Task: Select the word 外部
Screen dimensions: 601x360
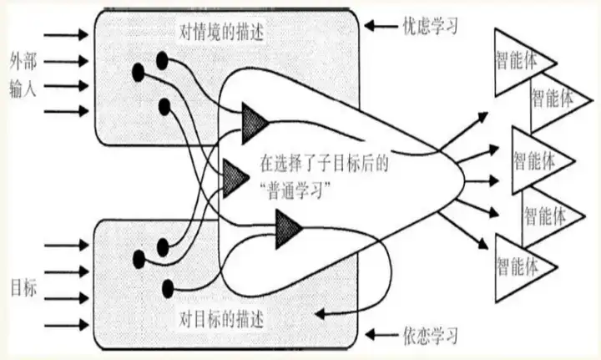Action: pyautogui.click(x=24, y=61)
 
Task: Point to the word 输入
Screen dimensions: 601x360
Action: pyautogui.click(x=24, y=87)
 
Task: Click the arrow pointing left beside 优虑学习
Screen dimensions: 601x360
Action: pyautogui.click(x=382, y=28)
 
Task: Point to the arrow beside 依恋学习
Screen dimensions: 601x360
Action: pyautogui.click(x=382, y=337)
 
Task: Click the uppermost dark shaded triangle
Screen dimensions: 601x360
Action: pyautogui.click(x=253, y=122)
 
